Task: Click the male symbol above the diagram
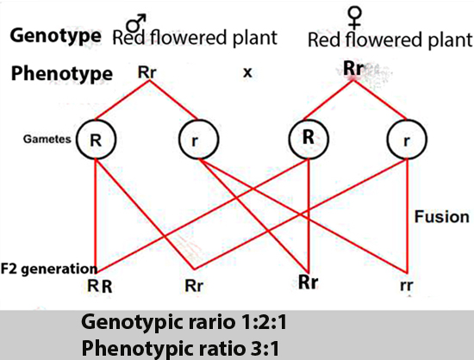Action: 136,23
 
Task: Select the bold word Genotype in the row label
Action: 56,35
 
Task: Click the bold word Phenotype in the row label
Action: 62,74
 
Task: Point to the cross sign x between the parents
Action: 247,72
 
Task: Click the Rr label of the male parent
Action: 147,72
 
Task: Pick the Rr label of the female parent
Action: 353,69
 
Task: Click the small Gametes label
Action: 47,139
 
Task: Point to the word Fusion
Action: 441,216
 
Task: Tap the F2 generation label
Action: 49,269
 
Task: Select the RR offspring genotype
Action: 100,286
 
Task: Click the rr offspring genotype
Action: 406,285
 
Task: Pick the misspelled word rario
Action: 210,322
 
